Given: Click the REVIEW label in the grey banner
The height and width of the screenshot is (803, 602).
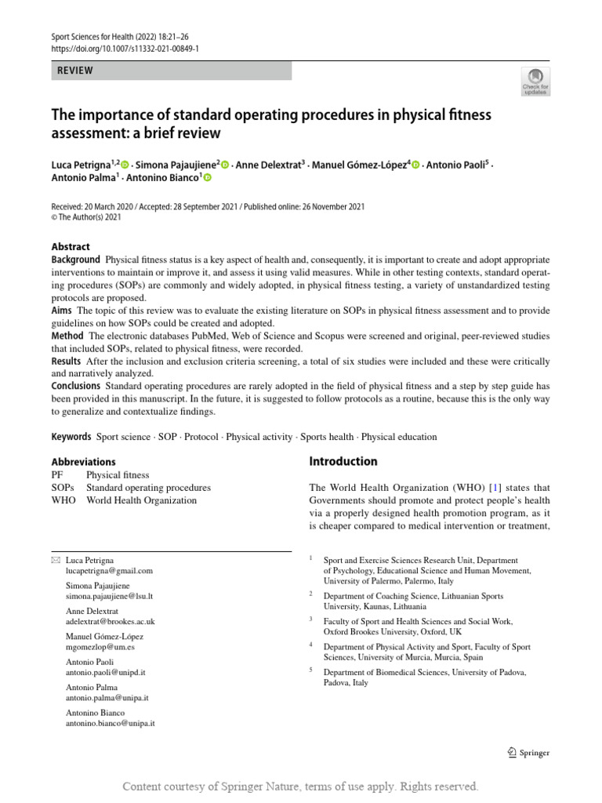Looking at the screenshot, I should (x=76, y=71).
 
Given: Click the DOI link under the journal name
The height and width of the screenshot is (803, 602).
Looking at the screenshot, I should (x=125, y=48).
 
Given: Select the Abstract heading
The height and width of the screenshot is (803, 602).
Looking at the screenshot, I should (x=71, y=246).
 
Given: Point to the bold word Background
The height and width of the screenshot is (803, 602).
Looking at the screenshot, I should (x=76, y=260).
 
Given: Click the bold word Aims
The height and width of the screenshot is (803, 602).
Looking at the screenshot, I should (x=62, y=311).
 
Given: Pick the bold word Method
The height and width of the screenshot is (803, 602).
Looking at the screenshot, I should (x=68, y=336).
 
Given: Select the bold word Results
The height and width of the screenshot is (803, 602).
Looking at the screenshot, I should (x=67, y=361).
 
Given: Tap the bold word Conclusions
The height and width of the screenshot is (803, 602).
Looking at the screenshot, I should (x=76, y=386).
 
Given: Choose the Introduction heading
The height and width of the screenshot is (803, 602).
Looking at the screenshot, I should (x=343, y=461).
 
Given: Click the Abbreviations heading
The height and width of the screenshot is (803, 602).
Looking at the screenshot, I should (x=84, y=462).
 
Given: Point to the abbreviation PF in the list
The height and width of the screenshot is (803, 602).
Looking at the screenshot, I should (x=58, y=475).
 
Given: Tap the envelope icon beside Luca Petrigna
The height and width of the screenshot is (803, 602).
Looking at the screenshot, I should (x=55, y=560).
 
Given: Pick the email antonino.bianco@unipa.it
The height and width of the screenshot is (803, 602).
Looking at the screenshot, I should (x=111, y=723).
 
